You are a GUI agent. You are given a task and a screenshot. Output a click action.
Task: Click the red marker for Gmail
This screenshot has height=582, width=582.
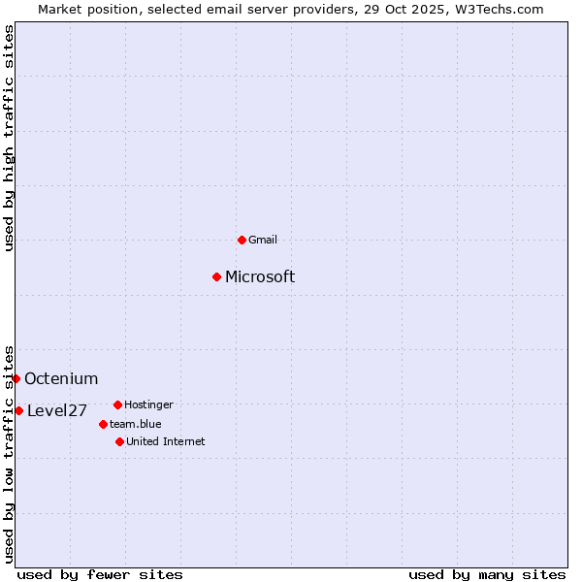242,240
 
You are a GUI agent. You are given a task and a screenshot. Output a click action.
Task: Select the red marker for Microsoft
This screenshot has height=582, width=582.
216,276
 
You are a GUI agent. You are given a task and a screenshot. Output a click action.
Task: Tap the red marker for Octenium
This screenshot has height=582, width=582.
16,378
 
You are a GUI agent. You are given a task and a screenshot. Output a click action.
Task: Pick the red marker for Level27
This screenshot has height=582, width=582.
18,410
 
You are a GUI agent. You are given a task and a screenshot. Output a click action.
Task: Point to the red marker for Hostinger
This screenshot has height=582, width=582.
117,404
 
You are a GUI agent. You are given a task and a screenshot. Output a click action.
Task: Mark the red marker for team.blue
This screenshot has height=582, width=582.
103,424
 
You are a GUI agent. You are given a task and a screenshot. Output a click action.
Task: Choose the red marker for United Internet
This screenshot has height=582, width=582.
119,441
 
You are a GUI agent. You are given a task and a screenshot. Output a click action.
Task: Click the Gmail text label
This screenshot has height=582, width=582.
263,240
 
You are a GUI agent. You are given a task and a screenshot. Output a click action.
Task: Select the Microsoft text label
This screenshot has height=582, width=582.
260,277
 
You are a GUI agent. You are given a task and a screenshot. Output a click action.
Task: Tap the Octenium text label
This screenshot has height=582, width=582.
61,379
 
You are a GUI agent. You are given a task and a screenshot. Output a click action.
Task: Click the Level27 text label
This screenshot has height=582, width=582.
57,411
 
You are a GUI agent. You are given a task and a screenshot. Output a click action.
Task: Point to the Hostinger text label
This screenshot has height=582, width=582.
148,404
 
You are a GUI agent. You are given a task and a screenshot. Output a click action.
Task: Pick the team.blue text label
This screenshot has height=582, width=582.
136,424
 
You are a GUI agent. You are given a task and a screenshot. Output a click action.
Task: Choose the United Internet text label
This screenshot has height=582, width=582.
166,441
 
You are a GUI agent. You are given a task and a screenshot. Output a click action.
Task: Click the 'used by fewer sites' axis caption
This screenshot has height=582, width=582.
100,574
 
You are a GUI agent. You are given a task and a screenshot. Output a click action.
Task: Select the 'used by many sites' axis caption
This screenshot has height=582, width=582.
487,574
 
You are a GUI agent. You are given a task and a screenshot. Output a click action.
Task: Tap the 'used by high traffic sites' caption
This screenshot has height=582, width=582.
9,138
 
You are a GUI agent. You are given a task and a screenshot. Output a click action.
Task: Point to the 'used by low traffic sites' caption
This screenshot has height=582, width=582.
9,454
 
